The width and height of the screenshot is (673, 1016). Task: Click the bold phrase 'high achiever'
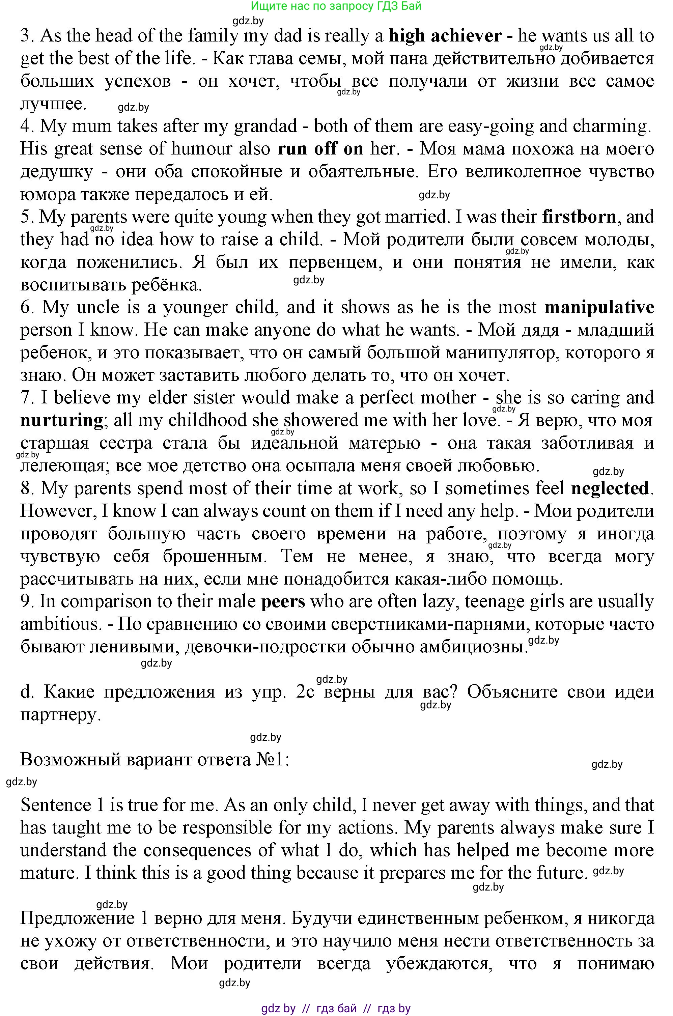point(445,36)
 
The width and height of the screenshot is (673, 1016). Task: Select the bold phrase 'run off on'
point(320,148)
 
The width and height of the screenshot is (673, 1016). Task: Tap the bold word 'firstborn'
point(579,217)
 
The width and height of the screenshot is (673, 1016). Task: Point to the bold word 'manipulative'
point(599,307)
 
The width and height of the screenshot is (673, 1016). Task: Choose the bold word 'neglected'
point(610,488)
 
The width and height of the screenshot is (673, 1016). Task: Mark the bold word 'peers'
point(283,601)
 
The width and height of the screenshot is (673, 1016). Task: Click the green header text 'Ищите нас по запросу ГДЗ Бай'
point(336,6)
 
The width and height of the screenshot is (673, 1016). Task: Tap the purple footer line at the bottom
point(336,1008)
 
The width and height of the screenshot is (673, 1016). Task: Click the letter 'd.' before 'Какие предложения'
point(27,692)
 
